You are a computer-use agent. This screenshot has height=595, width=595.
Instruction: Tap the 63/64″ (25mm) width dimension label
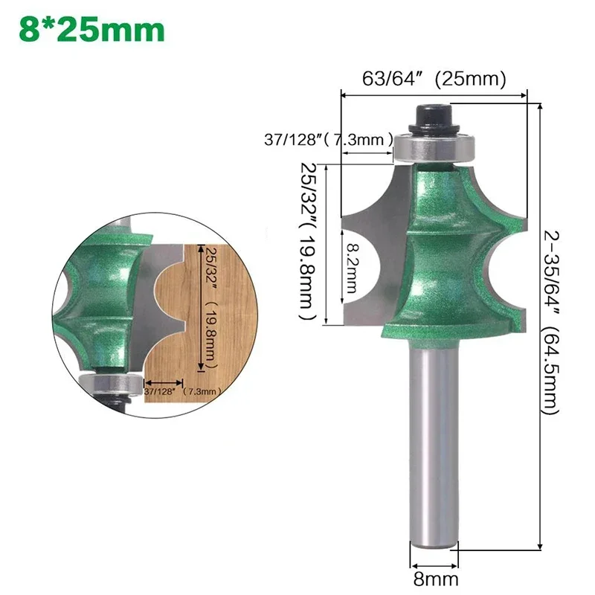pos(434,78)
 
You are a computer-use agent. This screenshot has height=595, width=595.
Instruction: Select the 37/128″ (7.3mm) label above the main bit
pos(329,139)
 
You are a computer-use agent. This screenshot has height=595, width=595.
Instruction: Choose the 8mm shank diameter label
pos(435,578)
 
